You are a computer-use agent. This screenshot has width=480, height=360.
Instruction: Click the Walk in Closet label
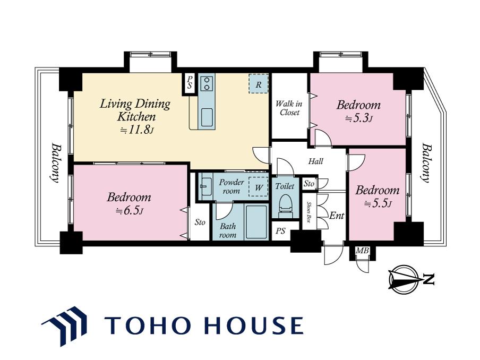289,108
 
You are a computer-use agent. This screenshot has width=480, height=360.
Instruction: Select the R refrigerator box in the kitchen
259,84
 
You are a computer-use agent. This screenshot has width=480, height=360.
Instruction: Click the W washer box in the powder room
259,187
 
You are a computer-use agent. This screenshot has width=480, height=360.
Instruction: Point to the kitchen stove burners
207,83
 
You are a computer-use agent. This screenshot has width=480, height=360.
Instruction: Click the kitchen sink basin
207,117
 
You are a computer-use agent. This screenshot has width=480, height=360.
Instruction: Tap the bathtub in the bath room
256,222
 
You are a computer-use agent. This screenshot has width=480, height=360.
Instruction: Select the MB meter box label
362,251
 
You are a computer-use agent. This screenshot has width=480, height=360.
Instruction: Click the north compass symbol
404,279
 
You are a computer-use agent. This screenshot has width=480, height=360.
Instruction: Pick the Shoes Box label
309,212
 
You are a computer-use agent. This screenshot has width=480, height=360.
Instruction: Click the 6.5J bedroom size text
130,211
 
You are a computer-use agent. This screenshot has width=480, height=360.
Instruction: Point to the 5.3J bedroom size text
359,118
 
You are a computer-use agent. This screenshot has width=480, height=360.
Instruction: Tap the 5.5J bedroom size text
378,203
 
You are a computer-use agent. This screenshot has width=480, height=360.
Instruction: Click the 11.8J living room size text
136,130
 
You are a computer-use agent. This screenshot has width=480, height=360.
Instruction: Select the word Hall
315,161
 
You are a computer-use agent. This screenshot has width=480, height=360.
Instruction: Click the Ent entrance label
337,216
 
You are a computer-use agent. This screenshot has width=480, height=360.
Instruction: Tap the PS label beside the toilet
280,231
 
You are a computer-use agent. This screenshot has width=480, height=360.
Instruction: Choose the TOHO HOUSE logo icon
64,325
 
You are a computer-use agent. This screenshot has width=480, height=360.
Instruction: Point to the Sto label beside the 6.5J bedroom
200,222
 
